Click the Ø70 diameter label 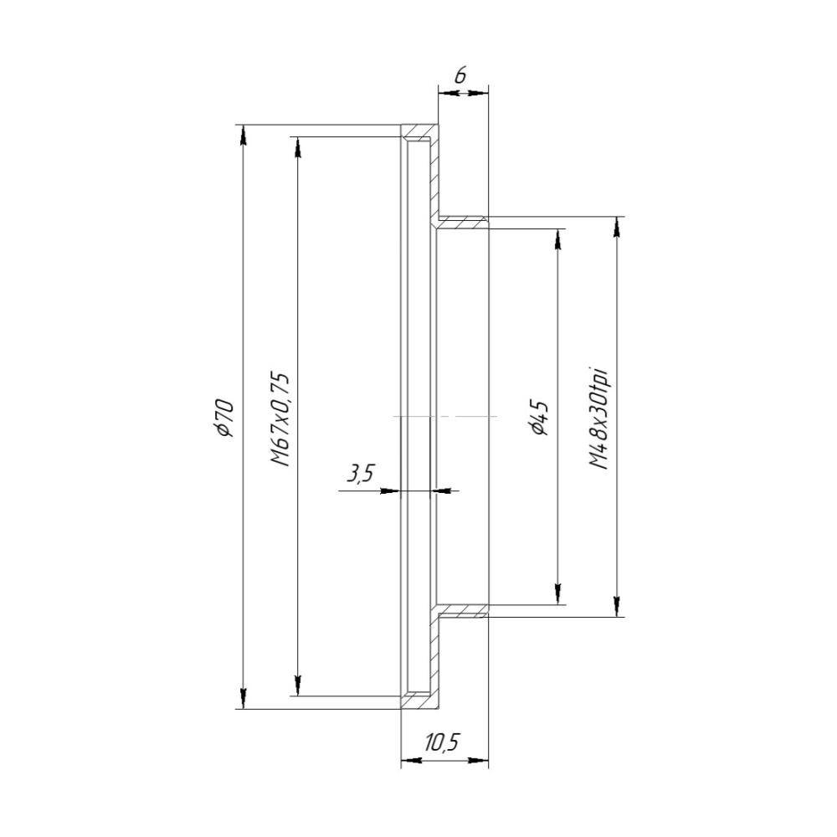coord(223,418)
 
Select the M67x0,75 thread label coord(280,419)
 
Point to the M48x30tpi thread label coord(599,418)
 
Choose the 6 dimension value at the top coord(460,76)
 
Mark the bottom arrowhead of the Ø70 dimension coord(244,699)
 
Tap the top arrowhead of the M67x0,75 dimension coord(298,146)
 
